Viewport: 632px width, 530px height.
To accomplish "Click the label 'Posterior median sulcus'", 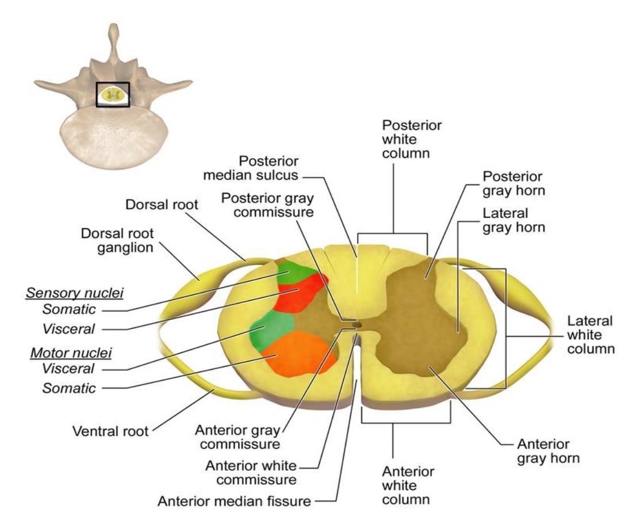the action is coord(251,168).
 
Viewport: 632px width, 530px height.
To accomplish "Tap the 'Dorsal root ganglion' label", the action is coord(117,240).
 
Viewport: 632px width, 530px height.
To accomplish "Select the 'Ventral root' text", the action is coord(110,431).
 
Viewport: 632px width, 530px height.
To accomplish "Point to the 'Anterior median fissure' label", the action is coord(234,501).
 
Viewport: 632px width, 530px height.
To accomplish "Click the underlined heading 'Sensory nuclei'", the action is coord(75,293).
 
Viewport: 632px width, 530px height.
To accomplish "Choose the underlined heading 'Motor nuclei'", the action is coord(71,353).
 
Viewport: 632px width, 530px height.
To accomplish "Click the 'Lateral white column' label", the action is coord(591,335).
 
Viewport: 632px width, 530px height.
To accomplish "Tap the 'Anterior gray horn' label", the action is coord(548,451).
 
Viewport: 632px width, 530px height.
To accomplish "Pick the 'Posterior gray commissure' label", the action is coord(267,205).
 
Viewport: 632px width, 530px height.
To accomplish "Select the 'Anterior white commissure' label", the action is coord(251,473).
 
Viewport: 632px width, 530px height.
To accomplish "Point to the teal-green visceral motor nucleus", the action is coord(270,330).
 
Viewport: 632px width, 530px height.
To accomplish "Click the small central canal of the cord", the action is coord(357,324).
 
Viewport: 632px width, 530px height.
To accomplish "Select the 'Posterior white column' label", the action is coord(411,139).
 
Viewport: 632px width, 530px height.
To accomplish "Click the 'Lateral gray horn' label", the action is coord(514,221).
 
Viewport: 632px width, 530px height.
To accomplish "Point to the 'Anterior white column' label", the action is coord(408,486).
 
